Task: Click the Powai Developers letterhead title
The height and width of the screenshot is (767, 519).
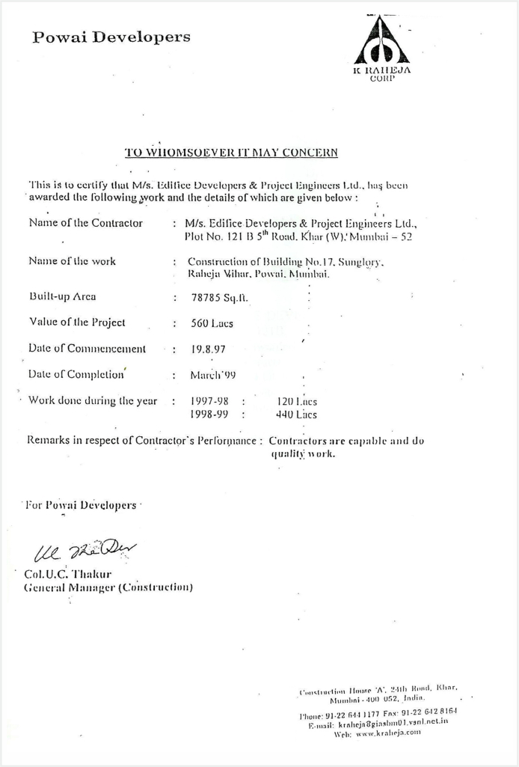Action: point(111,37)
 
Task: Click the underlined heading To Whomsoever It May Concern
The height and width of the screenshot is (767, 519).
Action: point(231,153)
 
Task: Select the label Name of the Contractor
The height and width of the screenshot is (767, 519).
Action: point(85,223)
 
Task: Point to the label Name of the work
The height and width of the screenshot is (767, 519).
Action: point(72,261)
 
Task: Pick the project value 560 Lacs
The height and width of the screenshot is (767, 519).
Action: point(212,323)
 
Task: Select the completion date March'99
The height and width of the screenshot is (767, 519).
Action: point(213,374)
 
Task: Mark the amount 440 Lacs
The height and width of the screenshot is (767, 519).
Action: point(296,414)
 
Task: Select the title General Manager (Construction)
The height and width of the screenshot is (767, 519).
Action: point(109,587)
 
